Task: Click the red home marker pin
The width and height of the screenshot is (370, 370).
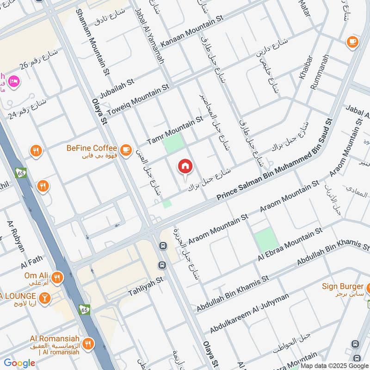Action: (x=185, y=166)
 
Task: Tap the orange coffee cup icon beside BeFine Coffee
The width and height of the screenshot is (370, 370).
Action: (x=125, y=149)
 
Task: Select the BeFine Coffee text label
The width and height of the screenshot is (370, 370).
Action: (x=92, y=148)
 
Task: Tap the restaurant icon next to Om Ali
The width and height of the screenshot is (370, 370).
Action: (x=57, y=277)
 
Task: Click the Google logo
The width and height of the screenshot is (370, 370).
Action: (x=19, y=363)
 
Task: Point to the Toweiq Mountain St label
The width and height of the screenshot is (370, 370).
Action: (x=138, y=101)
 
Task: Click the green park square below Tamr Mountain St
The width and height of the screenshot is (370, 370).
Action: (x=173, y=144)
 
